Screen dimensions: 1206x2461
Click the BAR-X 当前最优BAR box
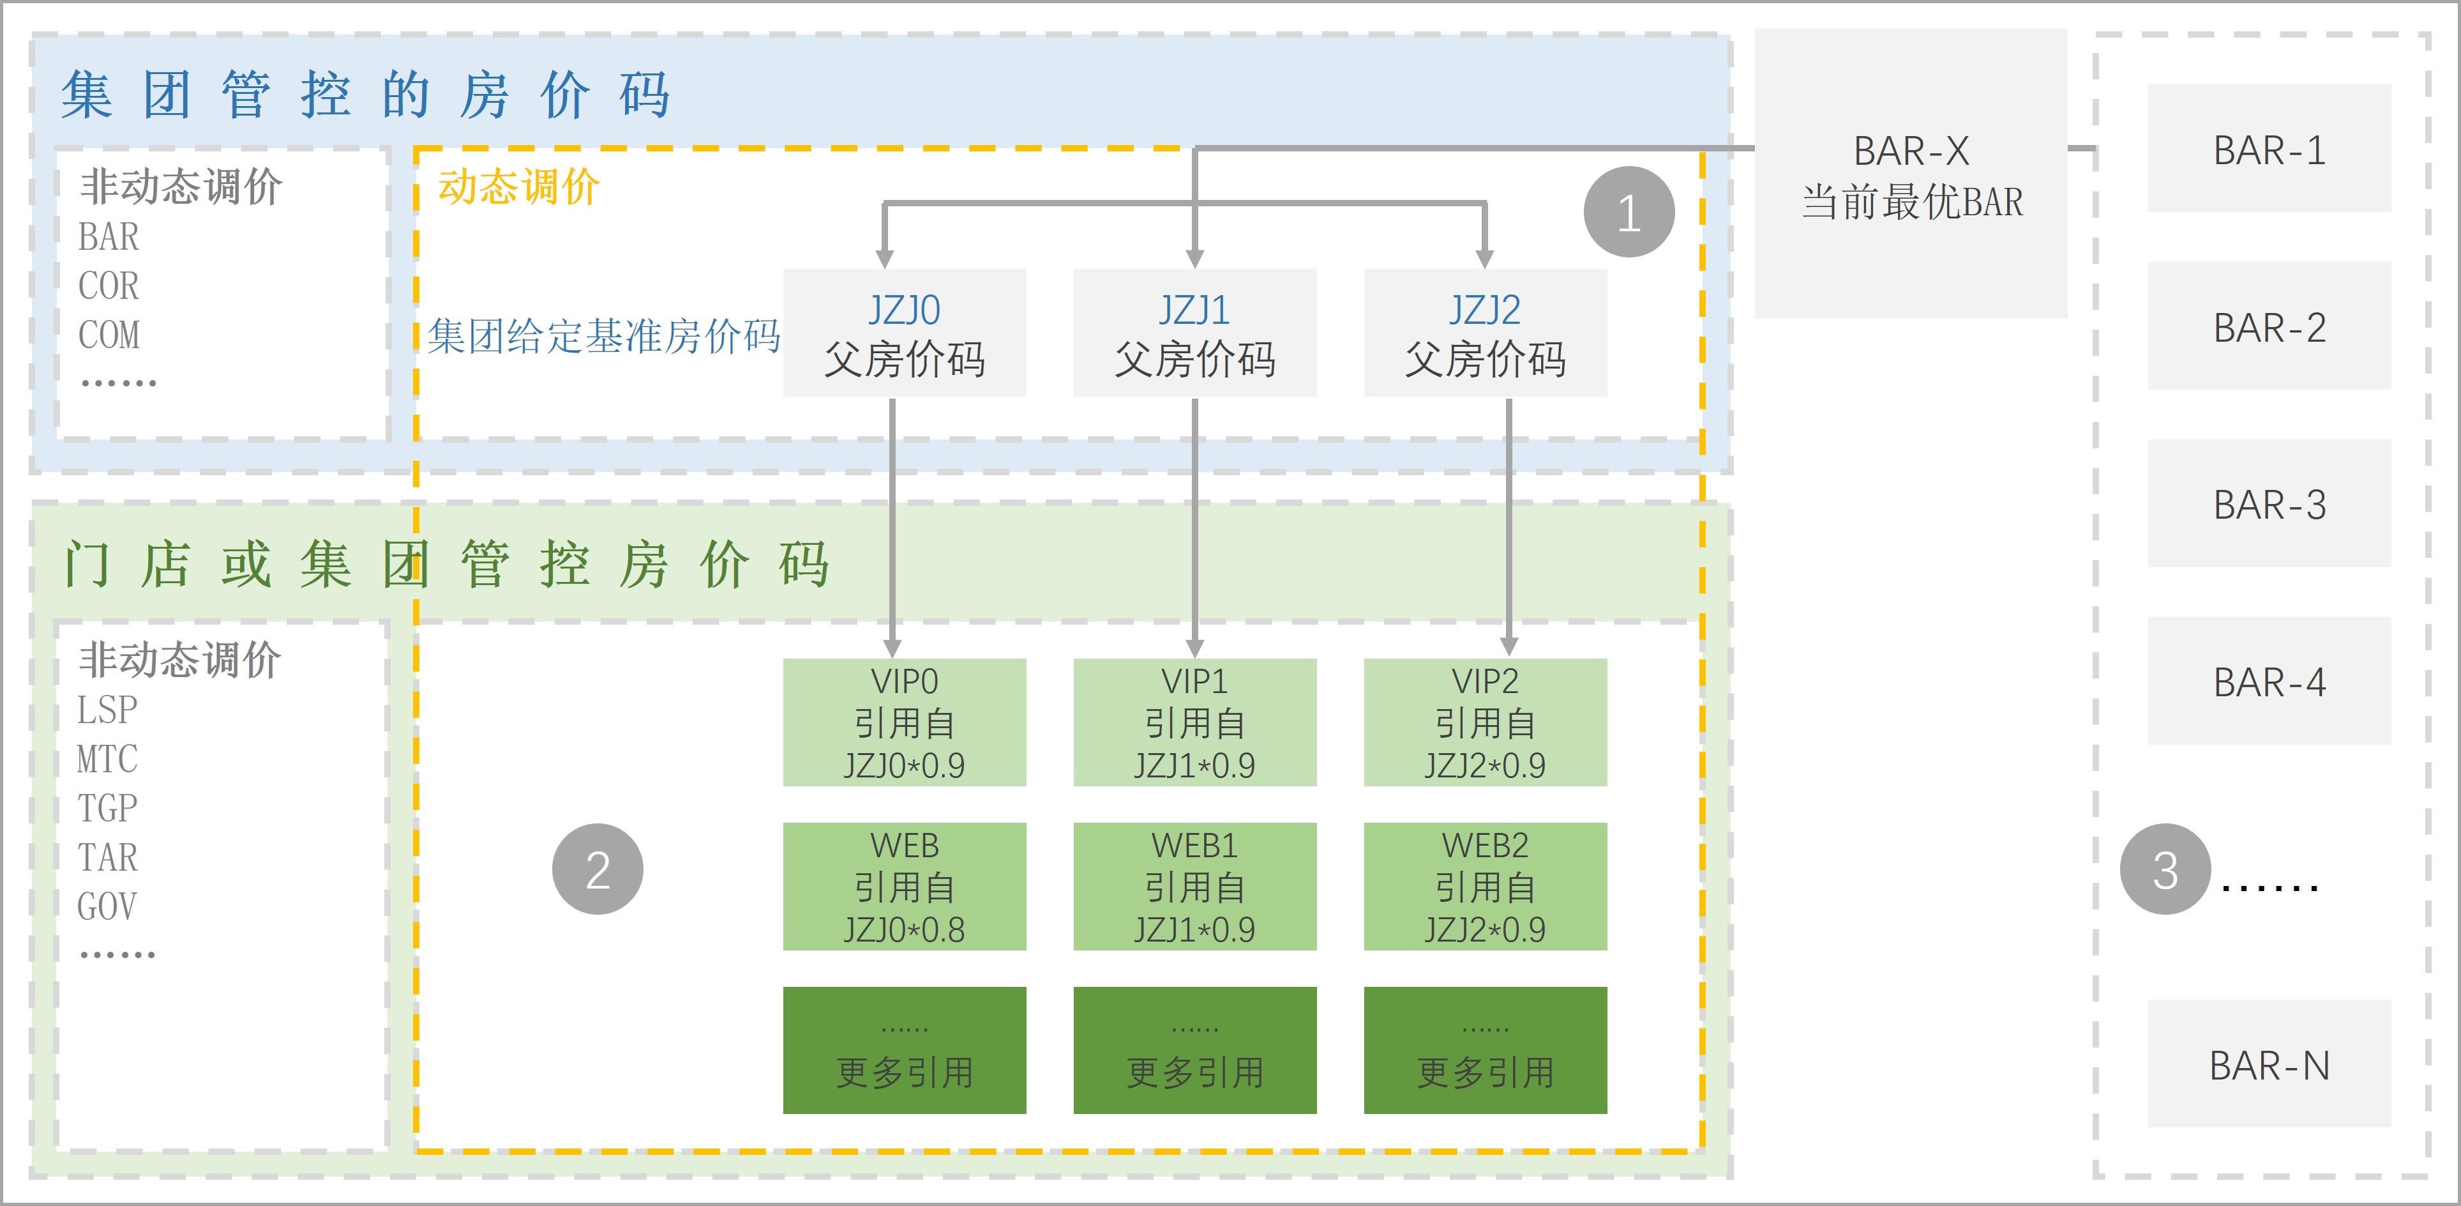(x=1911, y=174)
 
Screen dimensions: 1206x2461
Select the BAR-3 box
(x=2269, y=503)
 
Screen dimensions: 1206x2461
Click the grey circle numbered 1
(x=1629, y=211)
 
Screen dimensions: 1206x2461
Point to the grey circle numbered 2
(x=597, y=869)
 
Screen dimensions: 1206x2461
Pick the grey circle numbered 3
(x=2165, y=869)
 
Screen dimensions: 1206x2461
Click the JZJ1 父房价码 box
(x=1194, y=333)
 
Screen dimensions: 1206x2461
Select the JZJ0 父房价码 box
(x=904, y=333)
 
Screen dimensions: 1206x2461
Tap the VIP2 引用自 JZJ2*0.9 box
(x=1485, y=722)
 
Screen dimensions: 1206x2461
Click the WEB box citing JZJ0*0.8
(x=904, y=887)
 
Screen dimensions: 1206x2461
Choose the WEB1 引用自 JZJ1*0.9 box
(x=1194, y=887)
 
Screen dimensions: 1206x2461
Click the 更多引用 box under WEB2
(x=1485, y=1050)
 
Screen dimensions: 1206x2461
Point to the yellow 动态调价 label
(x=519, y=187)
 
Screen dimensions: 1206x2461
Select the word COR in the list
(x=108, y=286)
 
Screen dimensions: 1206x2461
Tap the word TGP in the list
(x=107, y=809)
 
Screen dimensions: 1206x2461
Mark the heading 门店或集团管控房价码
(x=445, y=564)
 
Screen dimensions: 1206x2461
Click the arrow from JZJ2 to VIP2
(x=1509, y=526)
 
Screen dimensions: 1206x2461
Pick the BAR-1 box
(x=2269, y=149)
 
